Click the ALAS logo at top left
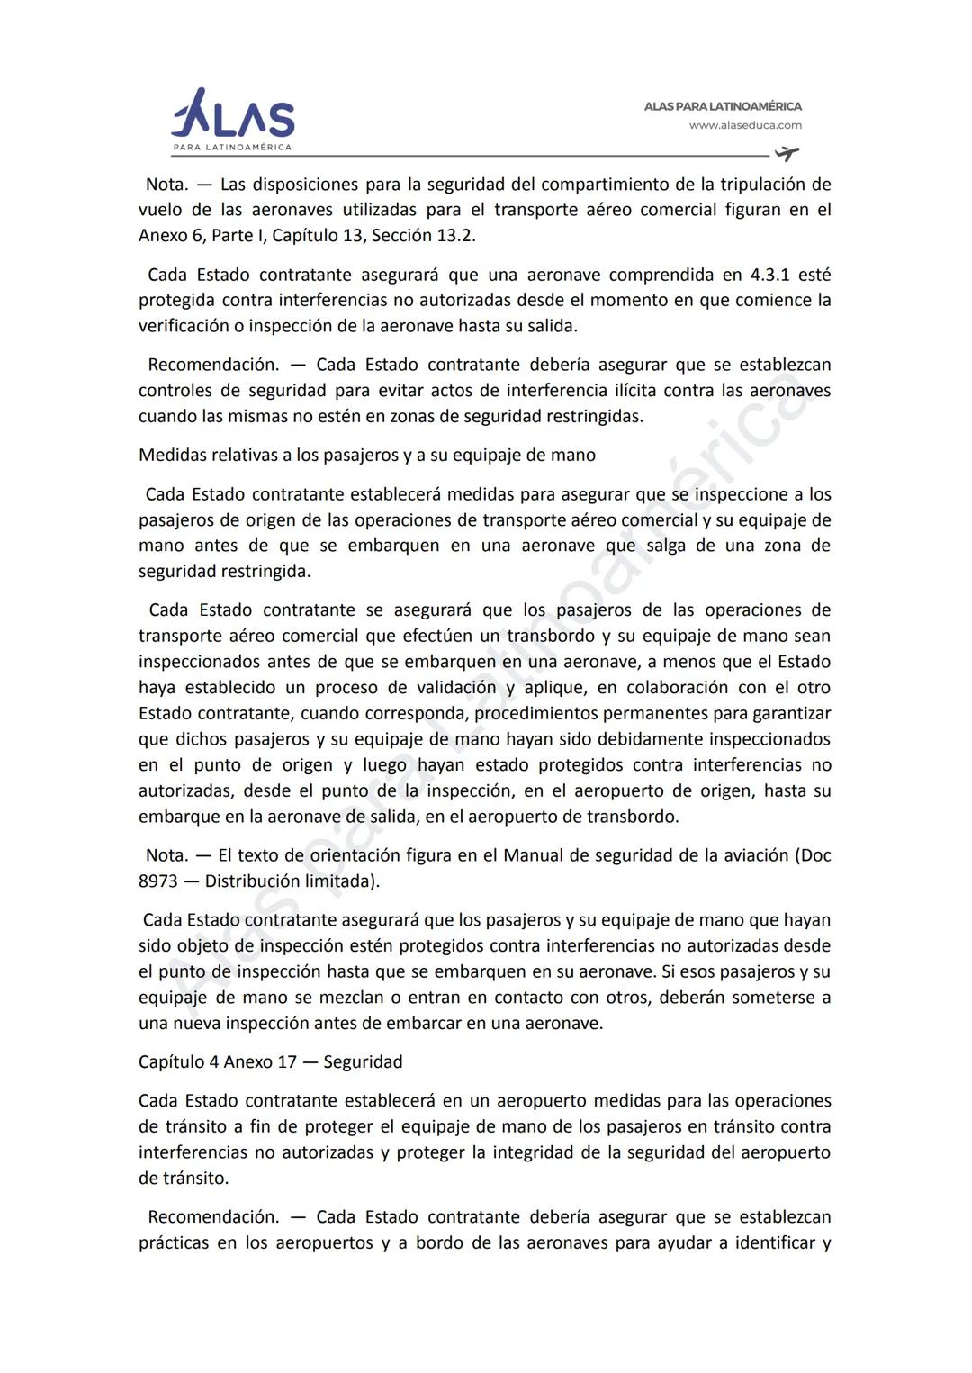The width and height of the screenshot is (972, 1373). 232,119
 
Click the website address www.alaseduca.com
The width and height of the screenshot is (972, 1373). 745,126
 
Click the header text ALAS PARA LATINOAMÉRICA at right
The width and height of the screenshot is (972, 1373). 723,106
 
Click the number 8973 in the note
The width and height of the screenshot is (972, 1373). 158,881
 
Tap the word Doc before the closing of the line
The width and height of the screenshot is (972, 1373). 814,854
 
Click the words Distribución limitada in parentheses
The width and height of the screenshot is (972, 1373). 290,881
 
